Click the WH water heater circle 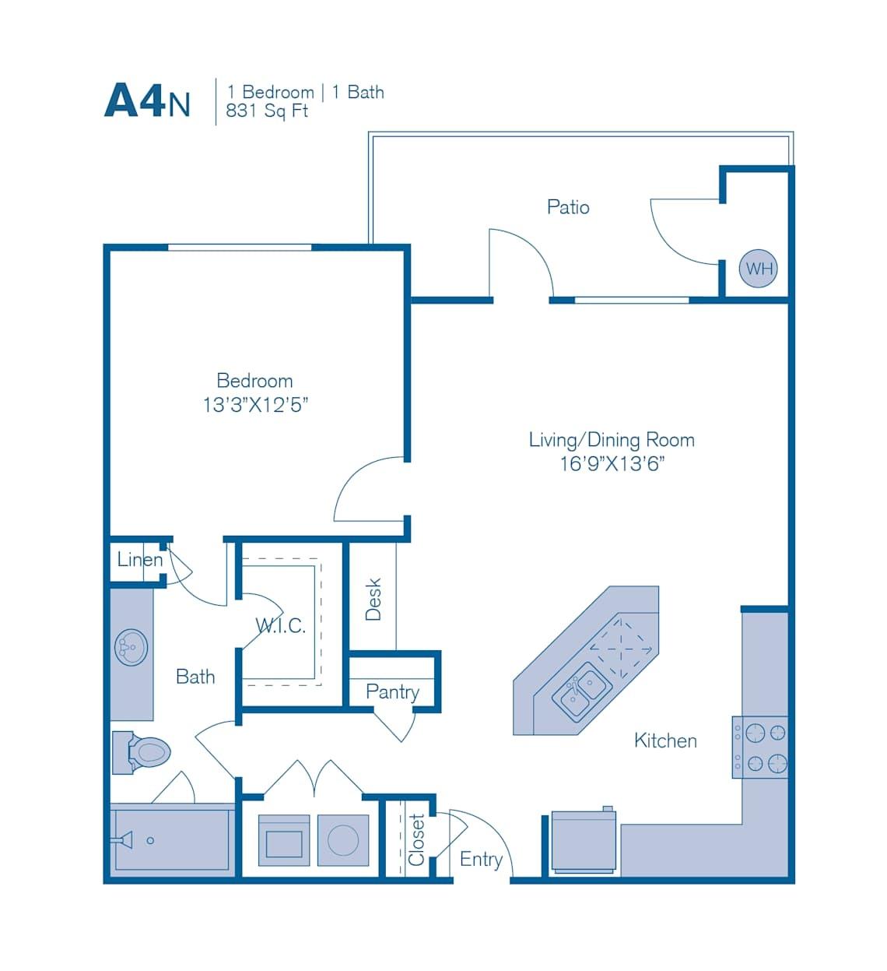coord(758,269)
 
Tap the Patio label coord(568,207)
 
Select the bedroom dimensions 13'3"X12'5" coord(255,405)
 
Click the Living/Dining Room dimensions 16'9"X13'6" coord(612,464)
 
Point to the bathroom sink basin coord(131,647)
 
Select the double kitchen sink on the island coord(581,692)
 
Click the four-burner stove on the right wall coord(761,748)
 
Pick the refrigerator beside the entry coord(584,842)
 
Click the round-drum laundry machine coord(343,840)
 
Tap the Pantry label coord(392,691)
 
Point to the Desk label coord(373,599)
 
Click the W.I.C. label coord(280,625)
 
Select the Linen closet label coord(140,559)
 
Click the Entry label coord(481,859)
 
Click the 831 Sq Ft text coord(267,111)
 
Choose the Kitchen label coord(665,741)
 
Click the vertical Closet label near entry coord(417,840)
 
